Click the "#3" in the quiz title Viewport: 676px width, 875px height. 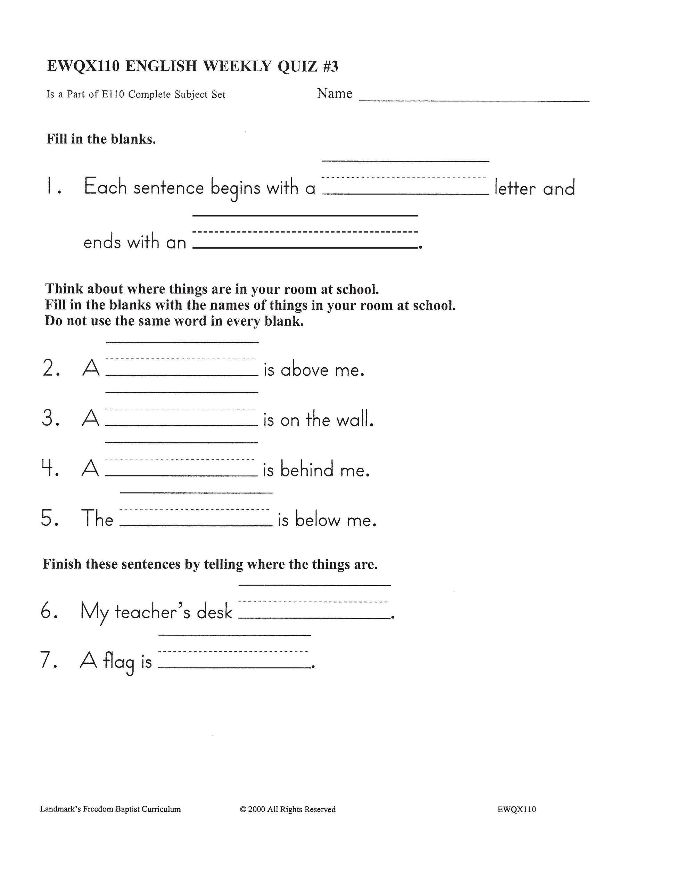pyautogui.click(x=330, y=66)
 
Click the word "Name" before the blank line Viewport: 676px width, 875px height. pyautogui.click(x=335, y=93)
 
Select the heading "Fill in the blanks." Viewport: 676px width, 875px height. pyautogui.click(x=101, y=139)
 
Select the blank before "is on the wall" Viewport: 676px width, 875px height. pyautogui.click(x=181, y=417)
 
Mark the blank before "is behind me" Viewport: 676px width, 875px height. pyautogui.click(x=181, y=467)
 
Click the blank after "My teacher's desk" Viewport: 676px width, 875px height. pyautogui.click(x=314, y=610)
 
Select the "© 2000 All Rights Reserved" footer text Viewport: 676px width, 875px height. pyautogui.click(x=288, y=809)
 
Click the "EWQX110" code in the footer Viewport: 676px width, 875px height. pyautogui.click(x=516, y=809)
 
